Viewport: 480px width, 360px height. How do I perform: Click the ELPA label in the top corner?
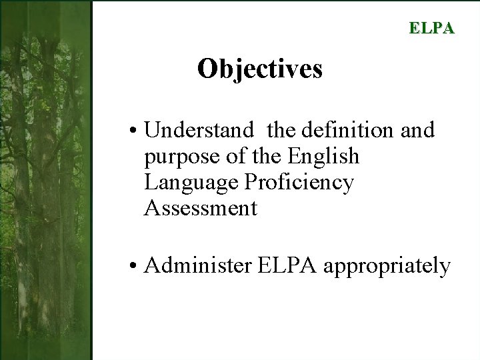pos(431,28)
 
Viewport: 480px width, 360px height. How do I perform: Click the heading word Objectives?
pos(259,69)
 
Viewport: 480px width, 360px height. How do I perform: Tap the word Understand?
pos(199,130)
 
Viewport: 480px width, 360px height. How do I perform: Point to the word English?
pos(323,156)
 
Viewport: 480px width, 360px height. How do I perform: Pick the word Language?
pos(191,183)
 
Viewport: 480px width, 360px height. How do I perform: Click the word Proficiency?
pos(299,183)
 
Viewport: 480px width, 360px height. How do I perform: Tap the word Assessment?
pos(200,208)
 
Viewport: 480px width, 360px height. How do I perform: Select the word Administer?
pos(197,265)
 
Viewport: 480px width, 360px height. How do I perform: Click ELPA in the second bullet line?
pos(286,265)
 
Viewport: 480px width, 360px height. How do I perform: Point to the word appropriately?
pos(387,267)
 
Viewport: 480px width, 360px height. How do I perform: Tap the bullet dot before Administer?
pos(135,267)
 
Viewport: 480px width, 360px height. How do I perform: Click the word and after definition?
pos(417,130)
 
